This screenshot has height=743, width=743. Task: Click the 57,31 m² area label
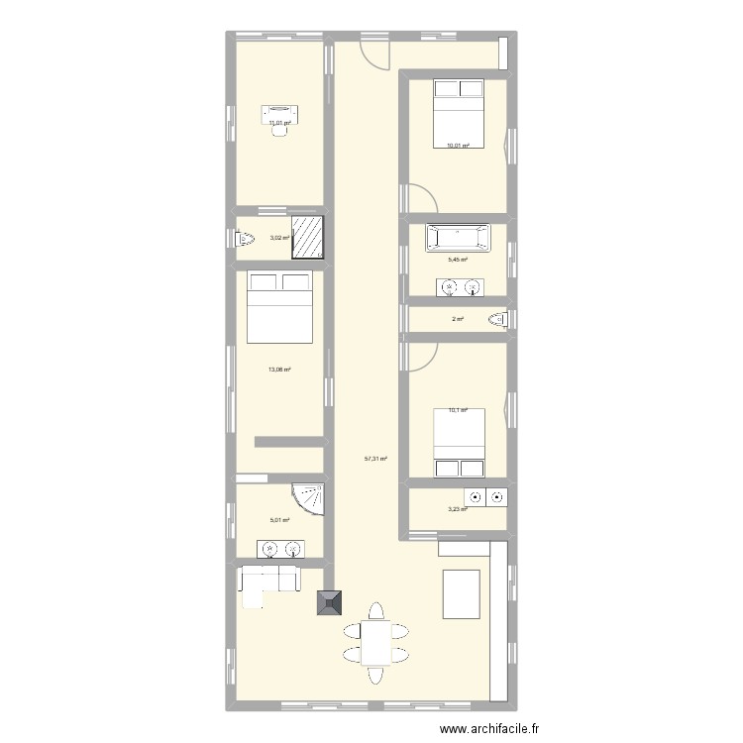[x=375, y=459]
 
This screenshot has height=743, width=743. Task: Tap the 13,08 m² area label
[x=279, y=370]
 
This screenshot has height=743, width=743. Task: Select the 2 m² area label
[x=458, y=319]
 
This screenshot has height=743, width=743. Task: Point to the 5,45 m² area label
[x=458, y=260]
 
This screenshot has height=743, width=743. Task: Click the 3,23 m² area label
[x=458, y=509]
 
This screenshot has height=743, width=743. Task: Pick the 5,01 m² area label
[x=279, y=520]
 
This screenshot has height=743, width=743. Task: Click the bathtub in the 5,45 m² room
[x=459, y=238]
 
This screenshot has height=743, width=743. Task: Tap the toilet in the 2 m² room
[x=498, y=319]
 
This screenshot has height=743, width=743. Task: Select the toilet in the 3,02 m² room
[x=245, y=239]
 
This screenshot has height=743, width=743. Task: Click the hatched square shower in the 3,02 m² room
[x=307, y=238]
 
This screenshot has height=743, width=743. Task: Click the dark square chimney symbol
[x=329, y=602]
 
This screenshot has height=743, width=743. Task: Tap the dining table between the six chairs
[x=375, y=643]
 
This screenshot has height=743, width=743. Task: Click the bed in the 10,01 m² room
[x=459, y=114]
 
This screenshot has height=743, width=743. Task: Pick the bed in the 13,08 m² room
[x=279, y=306]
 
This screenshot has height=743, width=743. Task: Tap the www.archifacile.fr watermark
[x=489, y=728]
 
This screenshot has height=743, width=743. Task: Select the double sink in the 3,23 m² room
[x=485, y=497]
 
